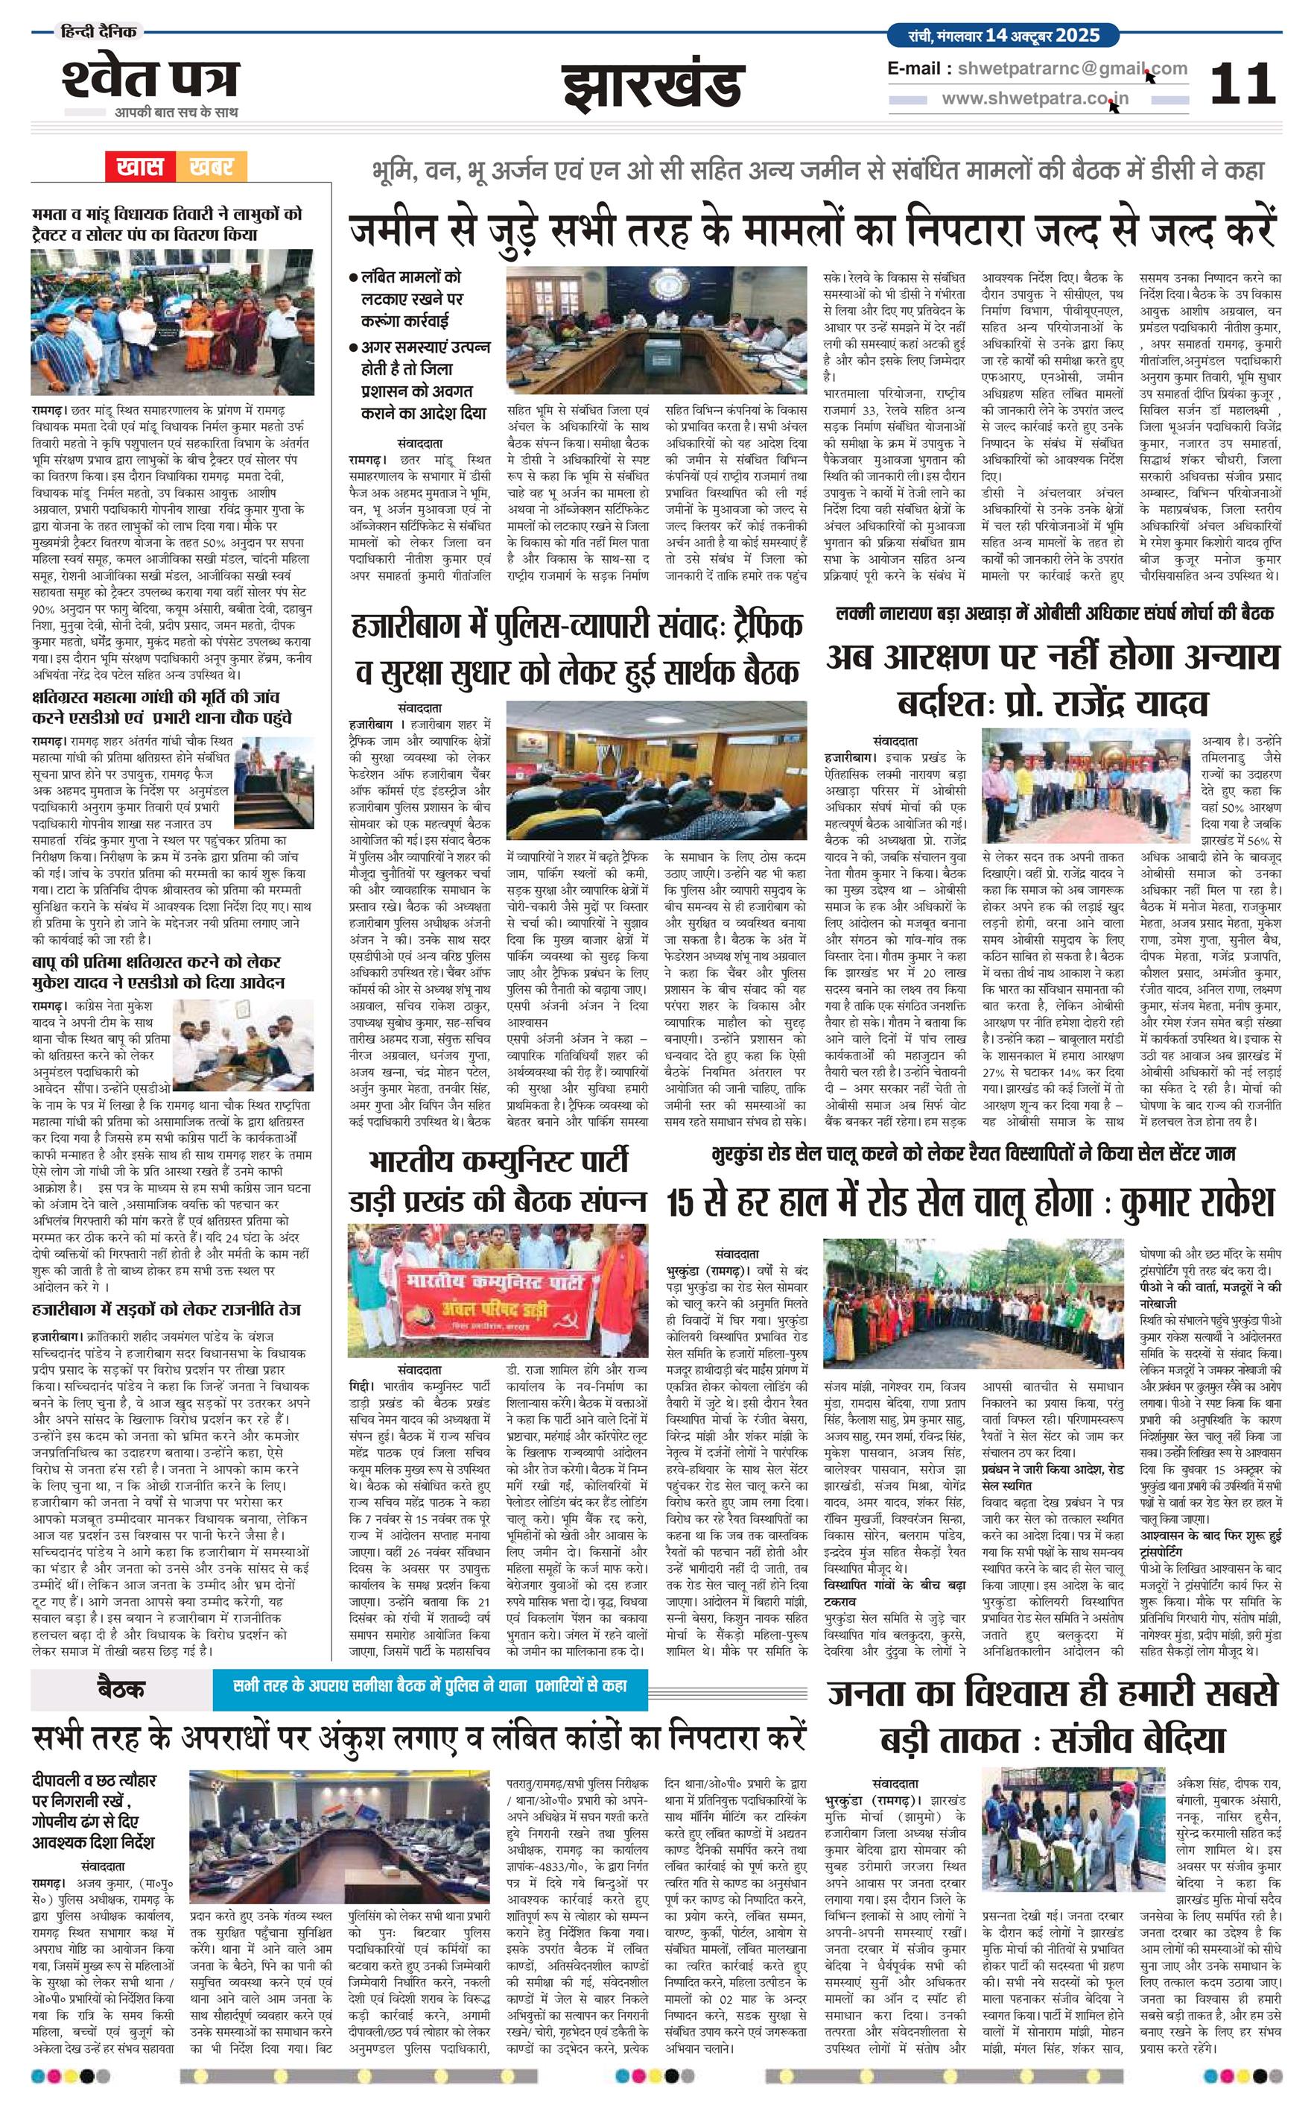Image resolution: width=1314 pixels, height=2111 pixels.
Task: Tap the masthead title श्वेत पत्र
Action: point(150,78)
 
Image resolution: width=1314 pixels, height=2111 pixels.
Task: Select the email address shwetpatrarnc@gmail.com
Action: point(1069,69)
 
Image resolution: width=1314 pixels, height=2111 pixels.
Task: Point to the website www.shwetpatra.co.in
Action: point(1034,98)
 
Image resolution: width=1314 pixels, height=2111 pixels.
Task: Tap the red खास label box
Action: point(140,165)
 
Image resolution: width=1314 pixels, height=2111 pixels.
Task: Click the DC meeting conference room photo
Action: point(656,329)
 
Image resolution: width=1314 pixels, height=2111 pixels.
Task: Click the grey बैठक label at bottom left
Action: point(121,1688)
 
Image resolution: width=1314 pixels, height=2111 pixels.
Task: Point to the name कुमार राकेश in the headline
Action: point(1198,1202)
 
